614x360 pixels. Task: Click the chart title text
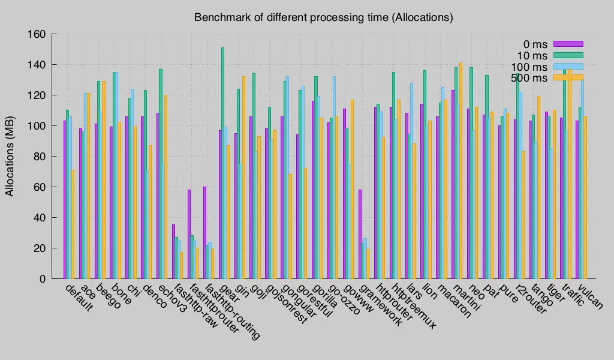pyautogui.click(x=323, y=17)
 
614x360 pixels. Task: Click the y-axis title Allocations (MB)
pyautogui.click(x=10, y=157)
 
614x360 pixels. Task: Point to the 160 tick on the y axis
pyautogui.click(x=37, y=34)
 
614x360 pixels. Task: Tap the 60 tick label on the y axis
pyautogui.click(x=40, y=187)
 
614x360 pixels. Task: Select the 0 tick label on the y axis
pyautogui.click(x=43, y=279)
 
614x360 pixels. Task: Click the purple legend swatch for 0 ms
pyautogui.click(x=568, y=43)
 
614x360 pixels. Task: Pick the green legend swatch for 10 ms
pyautogui.click(x=568, y=55)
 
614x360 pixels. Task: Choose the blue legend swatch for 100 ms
pyautogui.click(x=568, y=66)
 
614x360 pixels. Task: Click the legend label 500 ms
pyautogui.click(x=529, y=78)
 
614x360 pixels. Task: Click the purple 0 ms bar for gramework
pyautogui.click(x=360, y=234)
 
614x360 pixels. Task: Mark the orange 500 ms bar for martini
pyautogui.click(x=460, y=170)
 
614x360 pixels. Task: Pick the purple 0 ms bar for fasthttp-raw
pyautogui.click(x=173, y=251)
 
